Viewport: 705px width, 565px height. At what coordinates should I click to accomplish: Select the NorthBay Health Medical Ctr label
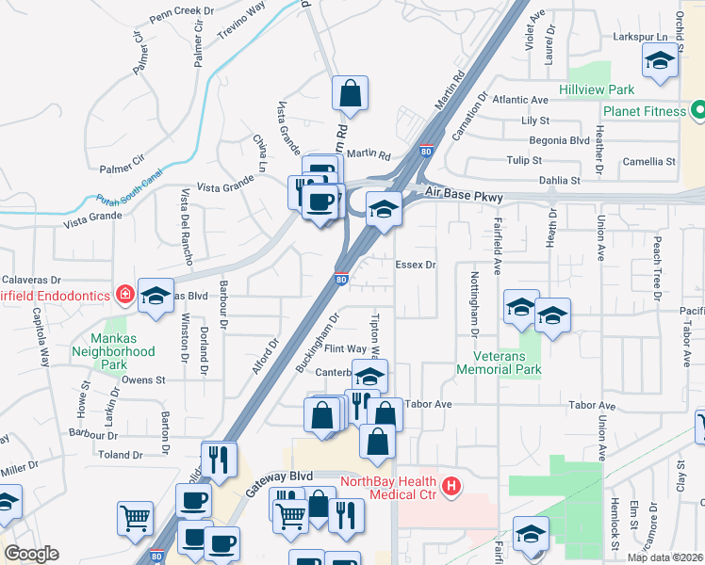387,489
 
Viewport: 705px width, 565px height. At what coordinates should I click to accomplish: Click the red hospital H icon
452,486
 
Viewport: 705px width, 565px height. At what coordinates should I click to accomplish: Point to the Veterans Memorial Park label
498,363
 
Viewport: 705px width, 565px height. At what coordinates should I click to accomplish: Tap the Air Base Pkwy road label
463,196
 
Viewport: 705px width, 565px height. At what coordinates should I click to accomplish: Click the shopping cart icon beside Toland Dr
136,518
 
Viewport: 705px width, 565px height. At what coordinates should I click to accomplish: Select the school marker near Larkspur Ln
660,63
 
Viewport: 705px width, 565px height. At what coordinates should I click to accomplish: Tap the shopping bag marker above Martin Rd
350,94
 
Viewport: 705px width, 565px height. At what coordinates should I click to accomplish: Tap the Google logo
31,554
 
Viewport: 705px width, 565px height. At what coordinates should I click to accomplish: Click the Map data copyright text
664,557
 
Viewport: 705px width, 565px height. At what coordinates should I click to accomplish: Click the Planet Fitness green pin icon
698,111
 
